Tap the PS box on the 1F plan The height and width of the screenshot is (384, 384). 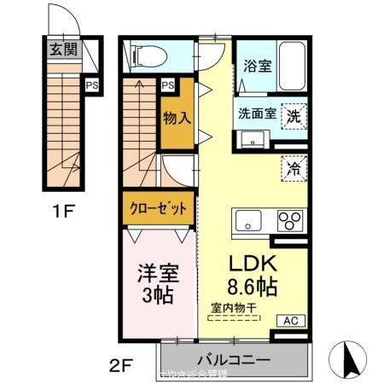[x=90, y=84]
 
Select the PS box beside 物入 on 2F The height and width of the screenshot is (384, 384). [x=168, y=84]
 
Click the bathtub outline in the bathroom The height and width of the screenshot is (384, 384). [x=290, y=61]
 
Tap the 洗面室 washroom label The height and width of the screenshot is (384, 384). [x=256, y=113]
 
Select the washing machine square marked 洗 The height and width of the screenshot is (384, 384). [x=294, y=114]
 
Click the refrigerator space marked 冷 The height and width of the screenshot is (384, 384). [x=294, y=167]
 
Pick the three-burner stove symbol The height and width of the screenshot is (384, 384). [x=290, y=220]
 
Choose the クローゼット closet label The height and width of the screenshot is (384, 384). [x=157, y=209]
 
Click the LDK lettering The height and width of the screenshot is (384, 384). [x=251, y=261]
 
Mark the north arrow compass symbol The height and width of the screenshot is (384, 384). [x=349, y=355]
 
